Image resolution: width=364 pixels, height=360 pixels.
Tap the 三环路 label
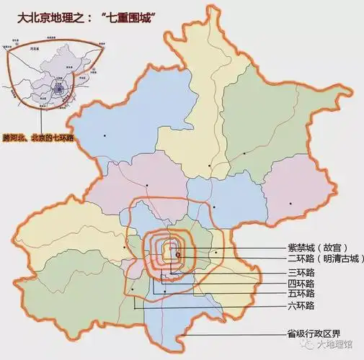point(296,272)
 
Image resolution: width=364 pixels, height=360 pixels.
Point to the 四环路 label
point(296,283)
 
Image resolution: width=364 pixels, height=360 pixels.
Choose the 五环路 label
point(296,293)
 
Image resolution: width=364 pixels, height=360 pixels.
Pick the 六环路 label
point(296,306)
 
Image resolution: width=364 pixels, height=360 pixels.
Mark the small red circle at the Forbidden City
point(177,253)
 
